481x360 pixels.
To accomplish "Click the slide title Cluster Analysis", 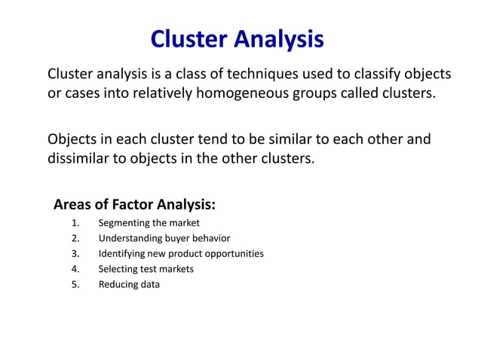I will pyautogui.click(x=237, y=38).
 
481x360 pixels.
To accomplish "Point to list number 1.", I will pyautogui.click(x=75, y=223).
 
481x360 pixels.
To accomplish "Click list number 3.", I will pyautogui.click(x=75, y=254).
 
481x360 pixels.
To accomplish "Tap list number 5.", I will pyautogui.click(x=75, y=285).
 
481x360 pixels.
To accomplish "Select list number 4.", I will pyautogui.click(x=75, y=269).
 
